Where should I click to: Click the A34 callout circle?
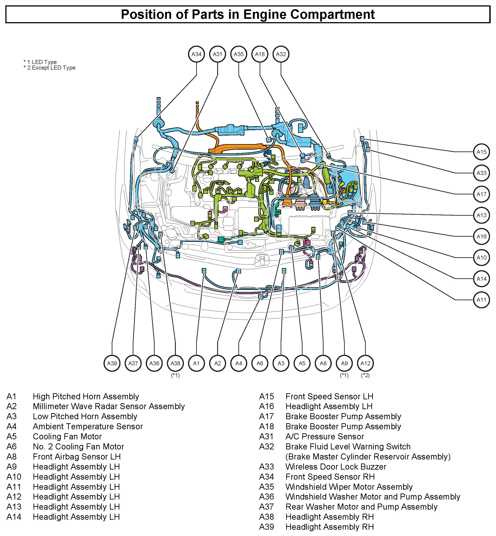point(196,54)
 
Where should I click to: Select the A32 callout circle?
point(281,54)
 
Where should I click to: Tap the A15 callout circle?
point(481,152)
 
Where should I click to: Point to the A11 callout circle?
point(481,300)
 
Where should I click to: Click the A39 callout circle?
point(112,364)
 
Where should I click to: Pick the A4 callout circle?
point(239,364)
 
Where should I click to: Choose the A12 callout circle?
point(365,364)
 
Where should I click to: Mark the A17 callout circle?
point(481,194)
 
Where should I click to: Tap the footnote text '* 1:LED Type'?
point(40,62)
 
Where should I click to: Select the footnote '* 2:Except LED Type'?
point(49,68)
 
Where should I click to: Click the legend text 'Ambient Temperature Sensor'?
point(88,426)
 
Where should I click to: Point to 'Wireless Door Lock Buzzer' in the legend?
point(336,467)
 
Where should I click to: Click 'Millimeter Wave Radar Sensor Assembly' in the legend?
point(109,406)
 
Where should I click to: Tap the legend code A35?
point(267,487)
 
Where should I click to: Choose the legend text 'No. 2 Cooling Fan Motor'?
point(78,447)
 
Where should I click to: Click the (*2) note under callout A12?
point(365,375)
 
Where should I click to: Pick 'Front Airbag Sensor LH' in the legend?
point(77,457)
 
